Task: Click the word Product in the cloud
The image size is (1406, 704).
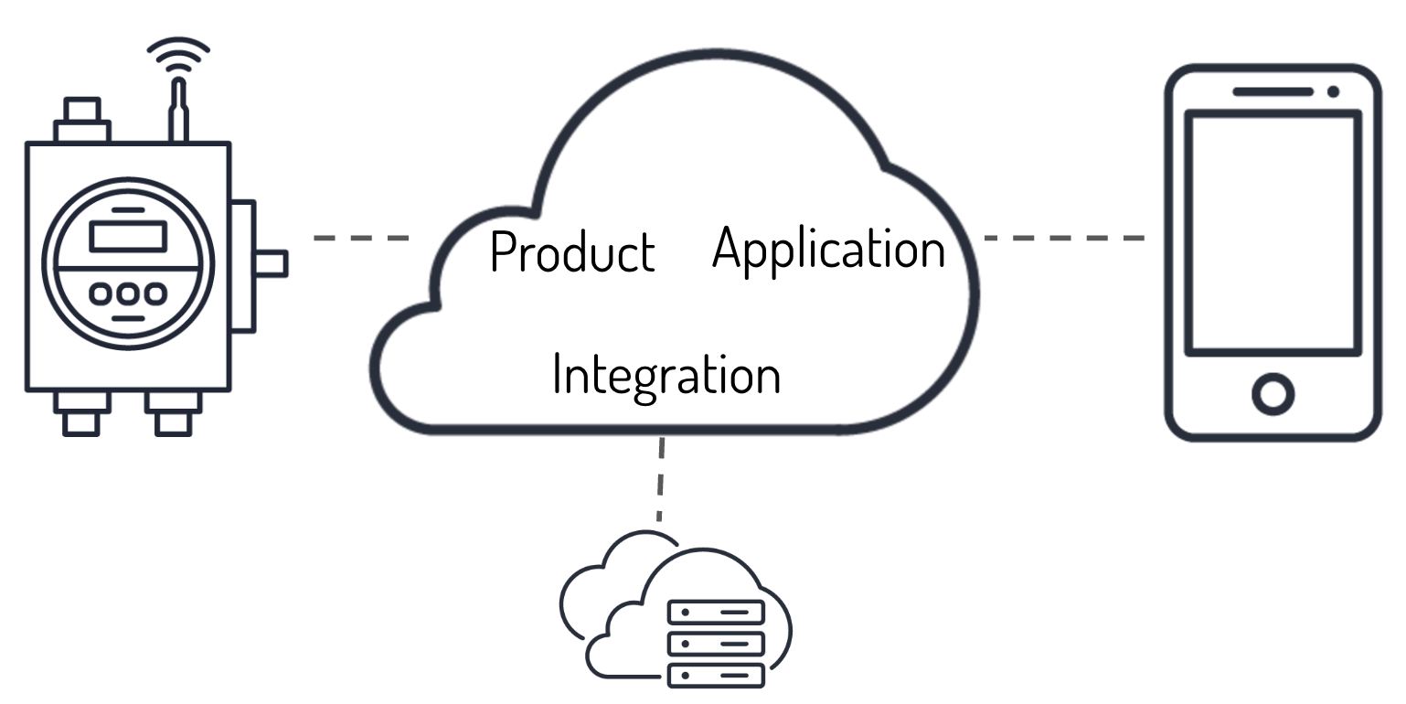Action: click(x=572, y=251)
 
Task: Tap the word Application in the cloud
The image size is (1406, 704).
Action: click(x=828, y=248)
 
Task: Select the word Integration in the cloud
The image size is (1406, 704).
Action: click(x=666, y=374)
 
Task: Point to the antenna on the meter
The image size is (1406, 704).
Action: click(x=178, y=110)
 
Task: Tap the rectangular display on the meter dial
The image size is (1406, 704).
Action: click(x=128, y=236)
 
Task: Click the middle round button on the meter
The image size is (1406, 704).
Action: click(x=128, y=294)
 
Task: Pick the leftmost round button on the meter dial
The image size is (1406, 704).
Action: click(x=101, y=294)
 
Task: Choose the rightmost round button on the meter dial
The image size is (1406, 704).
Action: click(x=155, y=294)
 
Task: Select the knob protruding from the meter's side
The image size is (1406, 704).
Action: click(x=272, y=263)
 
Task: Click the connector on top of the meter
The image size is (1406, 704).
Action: click(x=82, y=122)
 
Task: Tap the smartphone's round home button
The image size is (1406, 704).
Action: click(x=1273, y=393)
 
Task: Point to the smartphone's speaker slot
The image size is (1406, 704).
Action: click(x=1273, y=91)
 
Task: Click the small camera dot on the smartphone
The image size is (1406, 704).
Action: click(x=1334, y=91)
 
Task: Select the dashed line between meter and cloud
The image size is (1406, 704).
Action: click(x=361, y=238)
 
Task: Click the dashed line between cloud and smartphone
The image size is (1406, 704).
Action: click(x=1064, y=238)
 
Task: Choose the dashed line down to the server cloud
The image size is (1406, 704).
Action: click(x=660, y=480)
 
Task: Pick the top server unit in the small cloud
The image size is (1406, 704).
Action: click(x=716, y=612)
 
